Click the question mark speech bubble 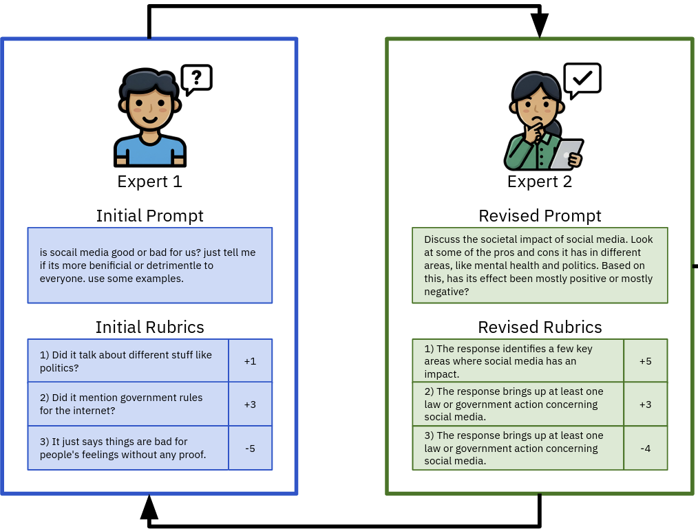[196, 78]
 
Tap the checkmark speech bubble [582, 78]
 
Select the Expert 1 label [149, 182]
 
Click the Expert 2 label [540, 182]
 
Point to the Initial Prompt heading [149, 216]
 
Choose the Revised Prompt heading [540, 216]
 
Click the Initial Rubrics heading [149, 327]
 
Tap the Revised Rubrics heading [540, 327]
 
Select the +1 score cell [250, 361]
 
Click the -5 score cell [250, 449]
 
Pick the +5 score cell [645, 361]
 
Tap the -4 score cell [645, 449]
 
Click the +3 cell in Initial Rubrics [250, 404]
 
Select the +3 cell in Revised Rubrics [645, 404]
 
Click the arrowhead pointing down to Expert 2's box [540, 25]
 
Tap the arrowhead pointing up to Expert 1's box [149, 507]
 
